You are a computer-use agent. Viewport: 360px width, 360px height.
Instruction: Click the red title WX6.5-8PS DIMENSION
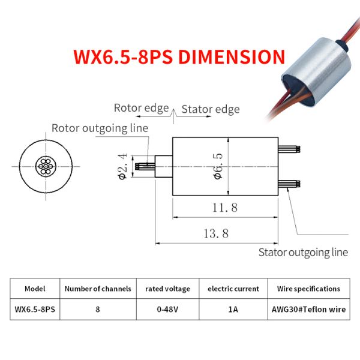(179, 57)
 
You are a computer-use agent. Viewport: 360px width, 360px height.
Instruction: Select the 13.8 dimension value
(216, 234)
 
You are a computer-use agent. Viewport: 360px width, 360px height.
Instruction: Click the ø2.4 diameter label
(122, 166)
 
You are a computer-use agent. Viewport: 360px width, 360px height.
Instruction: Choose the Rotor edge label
(142, 108)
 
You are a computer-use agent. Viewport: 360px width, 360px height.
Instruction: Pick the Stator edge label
(210, 109)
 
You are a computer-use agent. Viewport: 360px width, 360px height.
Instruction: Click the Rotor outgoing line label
(100, 128)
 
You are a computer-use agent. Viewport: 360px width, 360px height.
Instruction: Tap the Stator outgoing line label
(303, 252)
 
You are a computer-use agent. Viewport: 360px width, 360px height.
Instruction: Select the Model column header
(35, 289)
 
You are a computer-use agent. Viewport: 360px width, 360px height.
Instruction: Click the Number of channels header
(98, 289)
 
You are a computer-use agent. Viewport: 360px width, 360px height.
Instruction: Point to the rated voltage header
(167, 289)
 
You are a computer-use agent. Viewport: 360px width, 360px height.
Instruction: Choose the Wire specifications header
(308, 289)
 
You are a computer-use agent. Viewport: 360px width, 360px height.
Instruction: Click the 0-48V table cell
(167, 310)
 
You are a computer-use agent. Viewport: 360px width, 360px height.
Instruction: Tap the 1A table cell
(233, 310)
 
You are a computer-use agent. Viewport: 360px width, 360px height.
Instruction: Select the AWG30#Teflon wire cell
(308, 310)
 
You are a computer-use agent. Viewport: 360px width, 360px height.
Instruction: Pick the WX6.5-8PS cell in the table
(35, 310)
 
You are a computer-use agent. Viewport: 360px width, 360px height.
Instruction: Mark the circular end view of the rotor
(46, 166)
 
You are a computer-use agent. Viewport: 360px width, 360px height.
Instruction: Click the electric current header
(233, 289)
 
